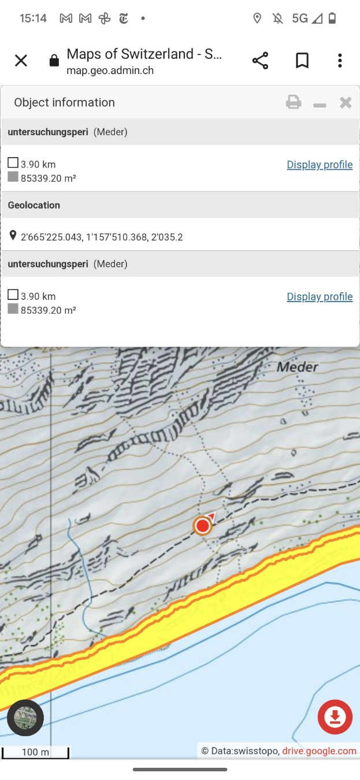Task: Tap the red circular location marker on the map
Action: (202, 526)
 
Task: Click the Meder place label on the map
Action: (298, 367)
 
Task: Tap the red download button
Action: (335, 717)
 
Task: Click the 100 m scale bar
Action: (35, 752)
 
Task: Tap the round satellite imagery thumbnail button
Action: (25, 718)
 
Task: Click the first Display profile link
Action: (320, 165)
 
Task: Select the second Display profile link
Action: (320, 296)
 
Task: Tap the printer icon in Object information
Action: (294, 103)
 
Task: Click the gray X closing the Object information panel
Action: (346, 103)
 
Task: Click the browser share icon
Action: (260, 61)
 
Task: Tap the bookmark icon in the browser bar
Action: (302, 61)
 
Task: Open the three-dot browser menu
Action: (340, 61)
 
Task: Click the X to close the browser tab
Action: (21, 61)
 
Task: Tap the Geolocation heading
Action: (34, 205)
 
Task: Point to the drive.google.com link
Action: (319, 751)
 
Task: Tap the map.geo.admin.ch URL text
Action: (110, 71)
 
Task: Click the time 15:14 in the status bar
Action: (33, 18)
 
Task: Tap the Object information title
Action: (65, 102)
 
